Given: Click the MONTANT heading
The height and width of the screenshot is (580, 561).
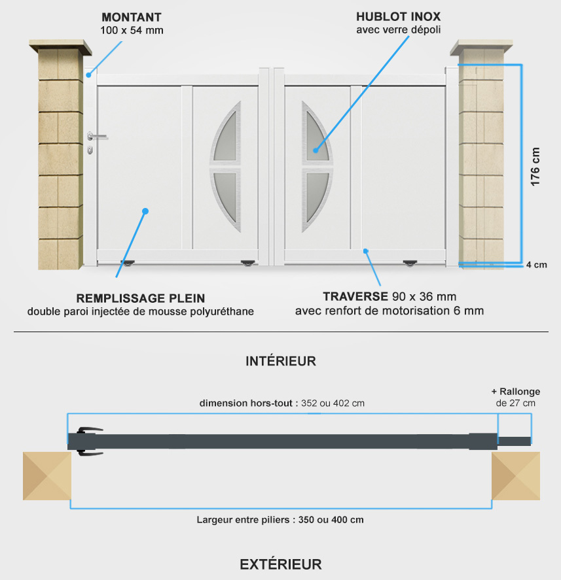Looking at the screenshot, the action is pos(132,18).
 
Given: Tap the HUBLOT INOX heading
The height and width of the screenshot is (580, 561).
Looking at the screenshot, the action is pos(399,16).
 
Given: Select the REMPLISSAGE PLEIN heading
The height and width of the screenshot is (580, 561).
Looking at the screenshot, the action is pos(141,298).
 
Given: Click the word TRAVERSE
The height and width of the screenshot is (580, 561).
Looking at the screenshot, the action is pos(355,296).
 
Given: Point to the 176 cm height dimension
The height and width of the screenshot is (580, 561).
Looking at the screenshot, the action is pos(535,167).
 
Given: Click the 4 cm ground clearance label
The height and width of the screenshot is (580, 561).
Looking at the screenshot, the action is pos(537,265).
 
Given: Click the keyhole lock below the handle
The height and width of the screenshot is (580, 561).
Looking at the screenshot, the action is pos(90,150).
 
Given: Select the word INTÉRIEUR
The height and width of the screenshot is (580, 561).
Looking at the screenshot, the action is pos(281,361).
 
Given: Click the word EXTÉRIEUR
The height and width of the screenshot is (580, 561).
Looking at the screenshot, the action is pos(281,564).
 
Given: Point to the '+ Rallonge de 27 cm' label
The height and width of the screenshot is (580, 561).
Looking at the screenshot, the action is pos(515,398).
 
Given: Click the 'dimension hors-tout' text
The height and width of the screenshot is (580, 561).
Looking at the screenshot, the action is pos(246,403).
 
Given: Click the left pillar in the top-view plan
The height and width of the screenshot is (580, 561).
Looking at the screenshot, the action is pos(47,476).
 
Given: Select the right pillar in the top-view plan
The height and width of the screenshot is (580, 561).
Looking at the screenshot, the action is pos(516,476).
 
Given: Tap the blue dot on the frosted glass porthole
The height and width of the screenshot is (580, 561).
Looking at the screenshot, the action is pos(316,150).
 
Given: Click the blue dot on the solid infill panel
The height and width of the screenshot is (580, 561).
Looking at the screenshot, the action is pos(145,211).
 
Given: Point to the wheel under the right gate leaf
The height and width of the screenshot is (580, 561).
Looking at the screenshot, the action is pos(410,264).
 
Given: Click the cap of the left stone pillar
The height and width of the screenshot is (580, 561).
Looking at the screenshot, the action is pos(60,47).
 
